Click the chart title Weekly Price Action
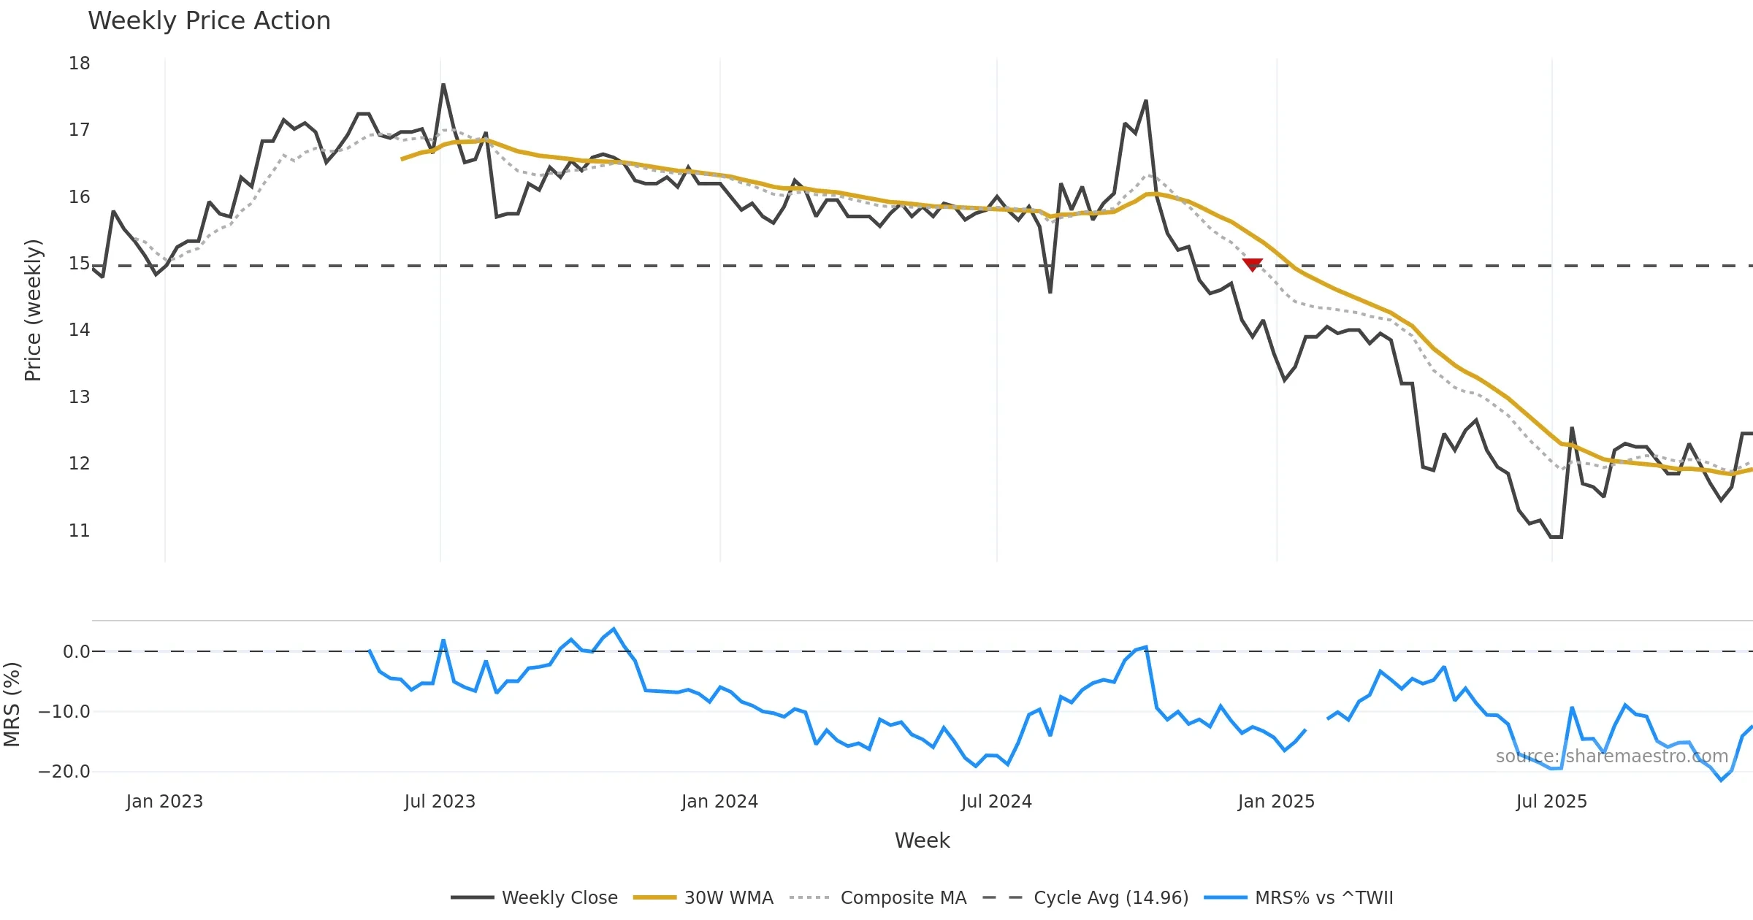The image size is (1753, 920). click(209, 21)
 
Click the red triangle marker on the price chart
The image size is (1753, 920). click(1252, 264)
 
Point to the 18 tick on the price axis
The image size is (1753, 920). click(80, 64)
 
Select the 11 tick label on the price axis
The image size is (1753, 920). click(80, 531)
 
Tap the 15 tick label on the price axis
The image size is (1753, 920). click(80, 264)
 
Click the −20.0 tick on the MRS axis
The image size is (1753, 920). click(64, 772)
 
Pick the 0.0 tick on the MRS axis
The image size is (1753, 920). click(76, 652)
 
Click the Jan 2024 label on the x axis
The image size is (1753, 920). click(719, 802)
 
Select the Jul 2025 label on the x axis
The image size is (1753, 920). click(1551, 802)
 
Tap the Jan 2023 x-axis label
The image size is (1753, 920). click(164, 802)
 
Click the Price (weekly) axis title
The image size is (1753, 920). click(34, 310)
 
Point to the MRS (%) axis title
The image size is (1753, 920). click(12, 705)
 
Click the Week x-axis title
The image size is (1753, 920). click(922, 841)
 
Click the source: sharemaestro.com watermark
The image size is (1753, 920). click(1611, 756)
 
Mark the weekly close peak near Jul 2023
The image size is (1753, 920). click(443, 85)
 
